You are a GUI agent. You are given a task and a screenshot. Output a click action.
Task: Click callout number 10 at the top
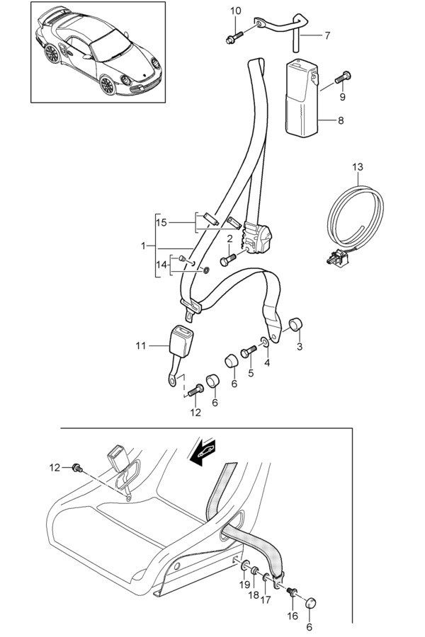click(236, 11)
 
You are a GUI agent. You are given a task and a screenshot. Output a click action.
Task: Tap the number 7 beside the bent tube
click(327, 34)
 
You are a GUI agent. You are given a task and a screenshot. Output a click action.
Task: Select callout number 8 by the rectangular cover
click(341, 120)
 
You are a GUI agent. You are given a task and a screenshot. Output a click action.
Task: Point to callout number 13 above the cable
click(358, 166)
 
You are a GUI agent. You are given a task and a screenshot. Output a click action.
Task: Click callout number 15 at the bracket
click(161, 223)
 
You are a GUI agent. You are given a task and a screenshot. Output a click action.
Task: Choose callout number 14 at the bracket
click(161, 265)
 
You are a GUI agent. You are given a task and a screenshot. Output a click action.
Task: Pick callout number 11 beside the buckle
click(140, 346)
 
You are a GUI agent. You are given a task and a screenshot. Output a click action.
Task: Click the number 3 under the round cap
click(300, 346)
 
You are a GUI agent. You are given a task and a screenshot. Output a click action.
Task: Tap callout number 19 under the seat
click(243, 584)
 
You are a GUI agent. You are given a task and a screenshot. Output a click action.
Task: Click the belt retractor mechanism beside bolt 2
click(259, 235)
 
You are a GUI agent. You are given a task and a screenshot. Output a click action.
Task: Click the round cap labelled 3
click(293, 325)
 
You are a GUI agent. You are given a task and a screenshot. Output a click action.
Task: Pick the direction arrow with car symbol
click(203, 452)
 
